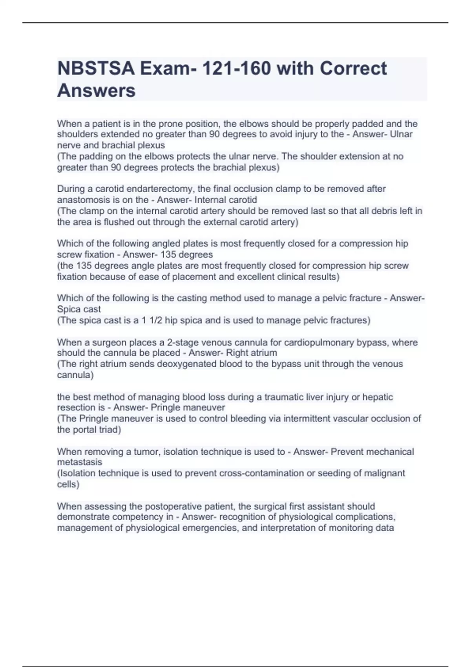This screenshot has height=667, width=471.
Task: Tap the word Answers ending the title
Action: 96,91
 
